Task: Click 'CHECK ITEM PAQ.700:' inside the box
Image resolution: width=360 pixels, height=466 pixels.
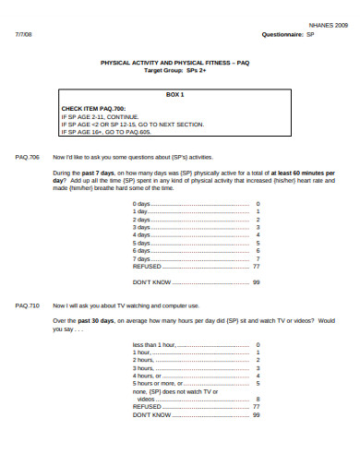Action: [x=92, y=109]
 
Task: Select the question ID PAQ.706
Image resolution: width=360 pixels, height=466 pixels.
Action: [x=28, y=158]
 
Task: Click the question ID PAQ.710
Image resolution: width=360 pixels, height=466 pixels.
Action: [x=28, y=304]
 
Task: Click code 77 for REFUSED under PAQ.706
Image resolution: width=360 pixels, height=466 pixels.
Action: [x=257, y=266]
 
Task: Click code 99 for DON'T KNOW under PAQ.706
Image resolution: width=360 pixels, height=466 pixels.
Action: [x=257, y=281]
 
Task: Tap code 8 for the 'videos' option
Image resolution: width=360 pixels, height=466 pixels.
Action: [x=257, y=399]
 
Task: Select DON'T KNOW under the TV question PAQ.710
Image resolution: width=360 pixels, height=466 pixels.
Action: [x=152, y=414]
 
